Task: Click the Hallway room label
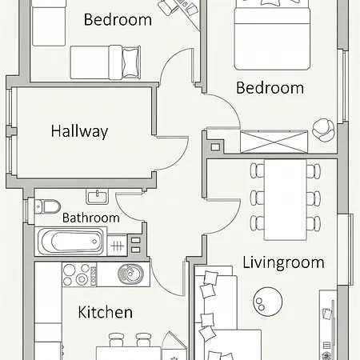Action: (79, 131)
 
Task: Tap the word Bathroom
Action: (91, 218)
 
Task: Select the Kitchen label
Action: (106, 312)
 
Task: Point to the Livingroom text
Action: (283, 263)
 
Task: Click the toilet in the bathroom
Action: (47, 206)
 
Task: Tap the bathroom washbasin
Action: (97, 196)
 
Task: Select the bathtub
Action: (70, 242)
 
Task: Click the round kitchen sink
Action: (130, 274)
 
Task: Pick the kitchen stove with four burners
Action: (79, 274)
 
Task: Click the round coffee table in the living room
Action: (267, 302)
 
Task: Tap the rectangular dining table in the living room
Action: (285, 200)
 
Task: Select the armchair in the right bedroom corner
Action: (323, 130)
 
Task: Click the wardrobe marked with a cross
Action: (274, 142)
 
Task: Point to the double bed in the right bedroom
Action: (272, 35)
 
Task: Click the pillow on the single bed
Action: (131, 62)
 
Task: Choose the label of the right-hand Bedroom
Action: (270, 88)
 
